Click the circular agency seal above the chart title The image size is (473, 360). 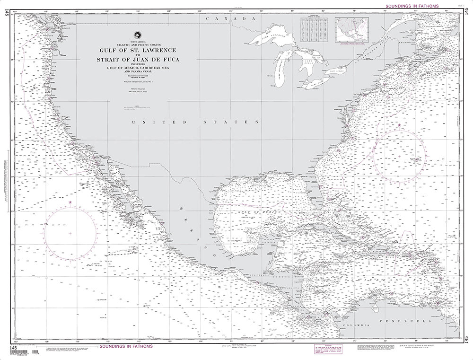click(137, 35)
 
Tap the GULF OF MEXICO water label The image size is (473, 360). click(255, 212)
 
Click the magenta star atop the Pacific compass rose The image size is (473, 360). click(70, 202)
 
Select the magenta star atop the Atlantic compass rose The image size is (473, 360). click(400, 125)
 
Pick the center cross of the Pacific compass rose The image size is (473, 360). click(70, 233)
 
